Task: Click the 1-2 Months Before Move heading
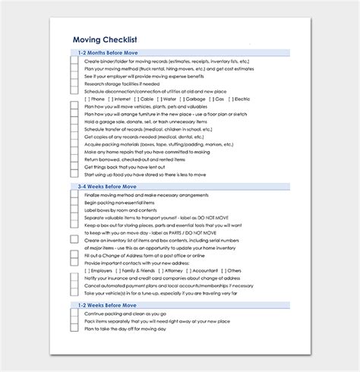[104, 52]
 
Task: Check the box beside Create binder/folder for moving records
[74, 61]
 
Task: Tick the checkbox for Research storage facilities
[74, 84]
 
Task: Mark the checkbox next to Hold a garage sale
[74, 121]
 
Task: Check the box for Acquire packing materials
[74, 143]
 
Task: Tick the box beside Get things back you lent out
[74, 166]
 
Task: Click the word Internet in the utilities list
[125, 99]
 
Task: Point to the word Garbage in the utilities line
[194, 99]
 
